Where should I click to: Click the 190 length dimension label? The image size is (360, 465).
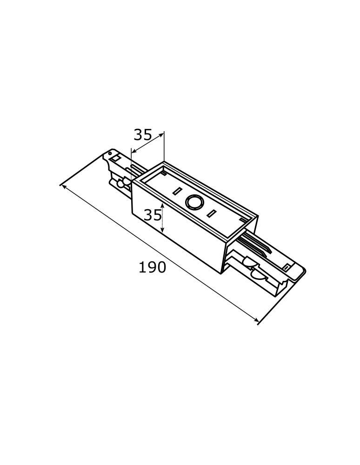tap(152, 267)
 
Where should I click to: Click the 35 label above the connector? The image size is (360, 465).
tap(143, 135)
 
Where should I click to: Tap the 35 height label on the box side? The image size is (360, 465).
tap(153, 215)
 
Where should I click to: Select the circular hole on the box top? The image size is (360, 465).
tap(195, 203)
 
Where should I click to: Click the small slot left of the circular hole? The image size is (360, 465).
tap(177, 191)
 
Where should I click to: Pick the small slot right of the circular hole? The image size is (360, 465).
tap(211, 213)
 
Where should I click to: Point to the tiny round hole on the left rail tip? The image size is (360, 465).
tap(110, 153)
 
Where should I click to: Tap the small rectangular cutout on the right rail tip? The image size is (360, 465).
tap(287, 268)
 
